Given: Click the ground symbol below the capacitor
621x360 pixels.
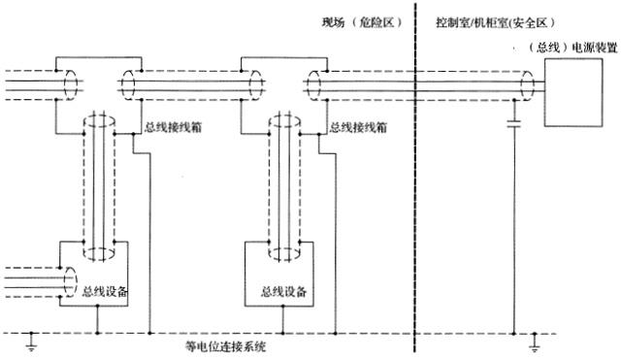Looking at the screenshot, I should (535, 341).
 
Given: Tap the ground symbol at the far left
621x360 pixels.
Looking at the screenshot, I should (32, 341).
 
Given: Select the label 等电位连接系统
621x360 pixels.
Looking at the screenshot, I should (225, 345).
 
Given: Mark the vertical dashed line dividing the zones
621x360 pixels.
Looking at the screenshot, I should (414, 175).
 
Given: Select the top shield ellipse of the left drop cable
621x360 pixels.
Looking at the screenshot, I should (98, 124).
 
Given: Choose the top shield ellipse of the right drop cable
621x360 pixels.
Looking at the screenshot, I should (286, 124).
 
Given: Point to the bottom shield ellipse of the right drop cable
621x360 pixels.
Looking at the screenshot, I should (286, 254).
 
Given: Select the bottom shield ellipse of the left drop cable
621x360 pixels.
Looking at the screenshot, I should (98, 254).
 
